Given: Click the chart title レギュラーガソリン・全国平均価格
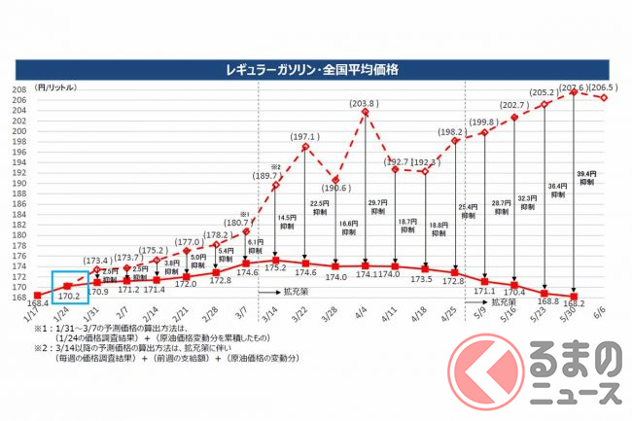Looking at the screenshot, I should click(x=316, y=71).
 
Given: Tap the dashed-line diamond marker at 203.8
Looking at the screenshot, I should click(x=365, y=112).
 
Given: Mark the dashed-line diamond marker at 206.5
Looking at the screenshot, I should click(x=604, y=96).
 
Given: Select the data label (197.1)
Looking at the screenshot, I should click(x=304, y=137).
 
